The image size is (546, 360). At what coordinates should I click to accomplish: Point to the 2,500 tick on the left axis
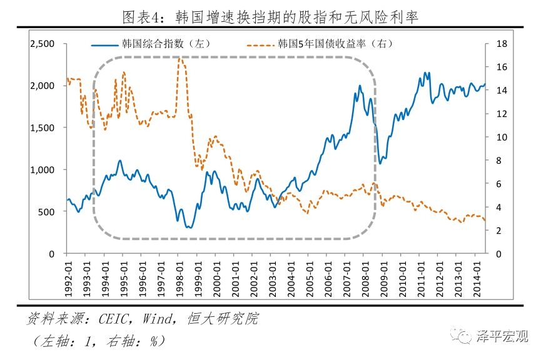(x=43, y=44)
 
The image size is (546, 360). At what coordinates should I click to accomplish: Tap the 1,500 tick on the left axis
(x=43, y=127)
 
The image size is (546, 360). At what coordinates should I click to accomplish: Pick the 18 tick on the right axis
(x=499, y=44)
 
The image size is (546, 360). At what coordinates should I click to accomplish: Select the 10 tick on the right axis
(x=499, y=137)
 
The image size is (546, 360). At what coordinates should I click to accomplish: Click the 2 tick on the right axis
(x=497, y=231)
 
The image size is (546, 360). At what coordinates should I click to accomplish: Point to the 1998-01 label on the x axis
(x=178, y=273)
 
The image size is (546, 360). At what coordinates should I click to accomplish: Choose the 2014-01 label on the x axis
(x=477, y=273)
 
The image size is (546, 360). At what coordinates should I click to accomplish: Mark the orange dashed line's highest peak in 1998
(x=179, y=57)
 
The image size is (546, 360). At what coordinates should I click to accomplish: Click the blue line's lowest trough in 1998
(x=188, y=227)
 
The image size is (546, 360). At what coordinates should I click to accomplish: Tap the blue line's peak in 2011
(x=426, y=72)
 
